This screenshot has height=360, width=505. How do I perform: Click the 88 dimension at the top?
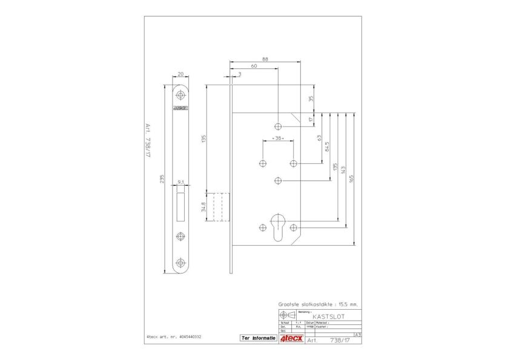(x=265, y=59)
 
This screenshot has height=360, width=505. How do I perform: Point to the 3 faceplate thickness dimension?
(x=240, y=74)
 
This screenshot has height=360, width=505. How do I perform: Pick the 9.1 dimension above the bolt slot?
(x=181, y=181)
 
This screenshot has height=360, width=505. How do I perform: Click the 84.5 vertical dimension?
(x=328, y=146)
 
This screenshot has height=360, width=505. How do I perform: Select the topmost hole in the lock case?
(x=278, y=126)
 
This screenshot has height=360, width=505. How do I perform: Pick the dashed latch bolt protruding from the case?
(x=219, y=207)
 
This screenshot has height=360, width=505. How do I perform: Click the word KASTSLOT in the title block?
(x=329, y=316)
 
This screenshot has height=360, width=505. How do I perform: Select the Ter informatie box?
(x=257, y=338)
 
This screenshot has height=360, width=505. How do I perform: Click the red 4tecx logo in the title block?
(x=291, y=339)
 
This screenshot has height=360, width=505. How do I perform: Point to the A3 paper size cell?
(x=357, y=334)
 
